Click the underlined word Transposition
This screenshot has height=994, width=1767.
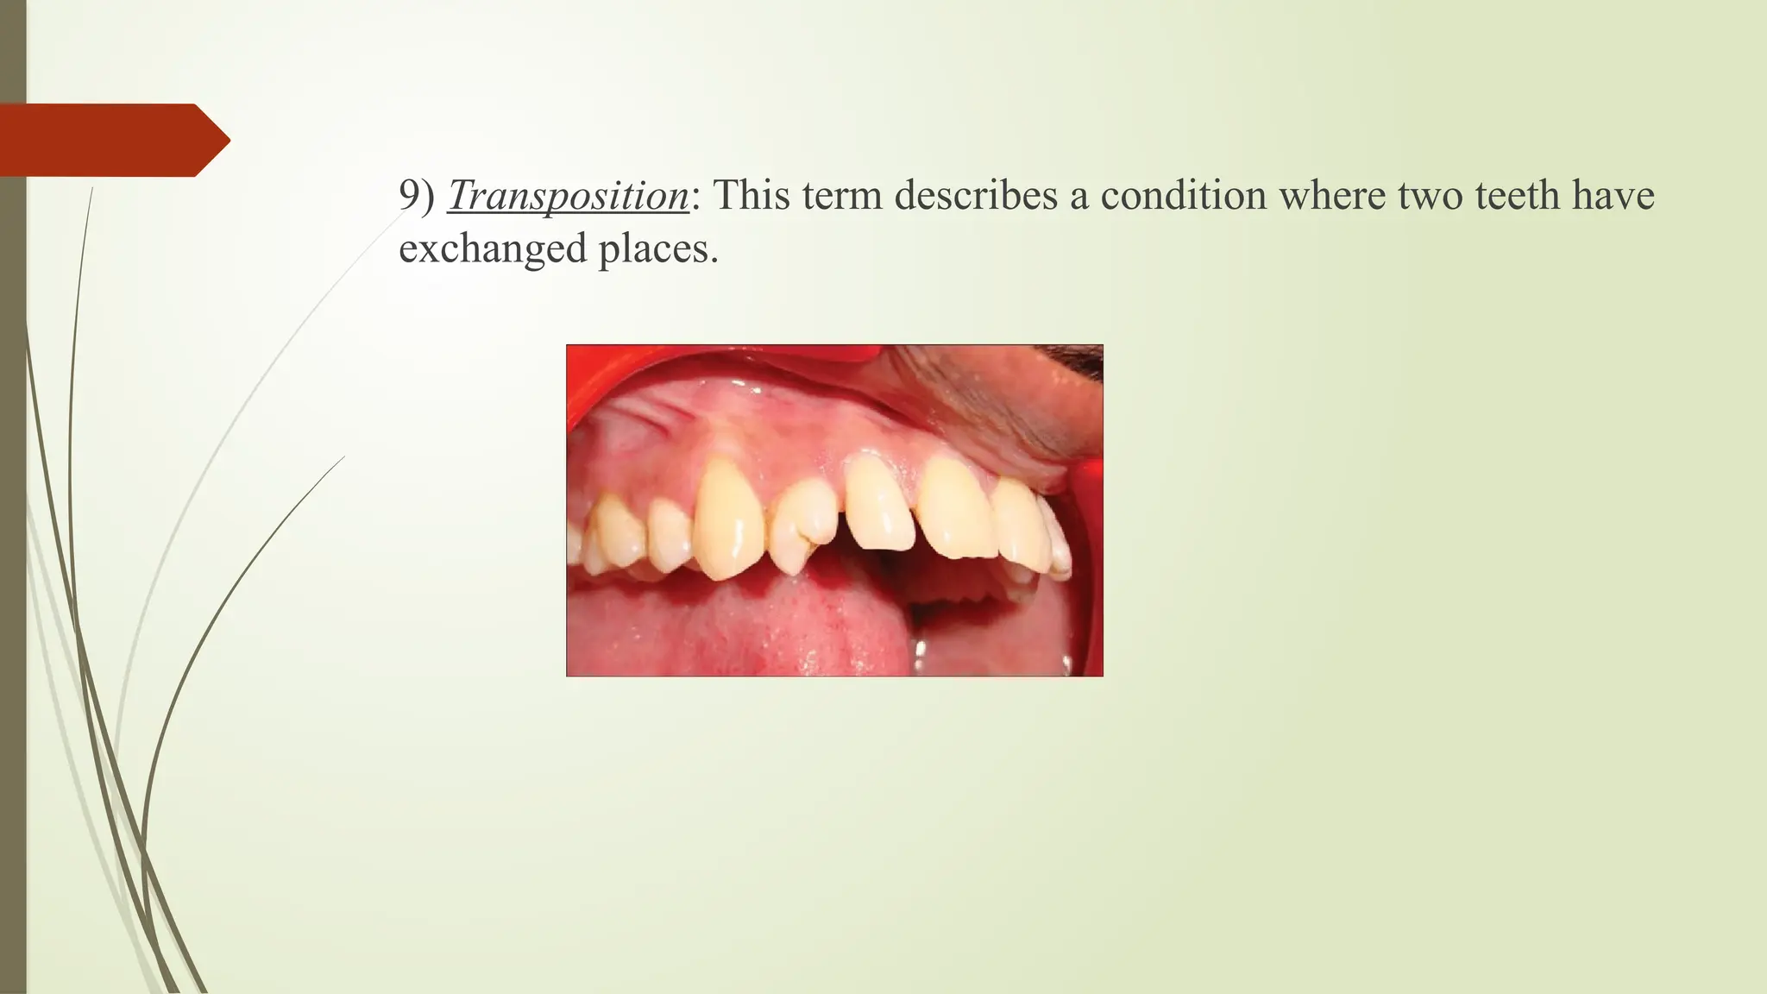[x=568, y=196]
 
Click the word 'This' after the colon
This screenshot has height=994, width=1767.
[x=750, y=196]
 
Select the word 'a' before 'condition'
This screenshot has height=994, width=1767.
[x=1078, y=196]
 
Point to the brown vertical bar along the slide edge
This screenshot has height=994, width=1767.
[x=13, y=604]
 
